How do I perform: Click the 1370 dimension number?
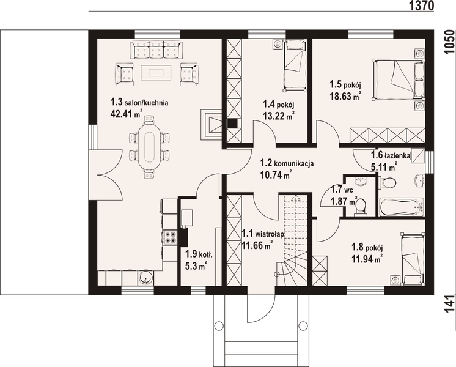click(x=421, y=6)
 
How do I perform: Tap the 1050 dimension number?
click(x=450, y=42)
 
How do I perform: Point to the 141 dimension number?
click(x=450, y=304)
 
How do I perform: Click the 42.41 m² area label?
click(x=127, y=114)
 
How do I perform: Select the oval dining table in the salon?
click(x=149, y=147)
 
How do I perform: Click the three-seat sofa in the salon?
click(x=156, y=50)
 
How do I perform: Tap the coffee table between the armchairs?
click(x=156, y=72)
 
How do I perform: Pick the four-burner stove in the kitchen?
click(x=170, y=237)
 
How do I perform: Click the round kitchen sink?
click(x=144, y=278)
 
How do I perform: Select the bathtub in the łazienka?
click(x=402, y=207)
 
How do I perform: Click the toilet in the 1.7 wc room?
click(x=361, y=206)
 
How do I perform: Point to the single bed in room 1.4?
click(x=295, y=65)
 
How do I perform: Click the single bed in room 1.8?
click(x=412, y=259)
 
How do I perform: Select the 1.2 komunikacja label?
click(x=287, y=163)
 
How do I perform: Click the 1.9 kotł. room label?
click(x=199, y=254)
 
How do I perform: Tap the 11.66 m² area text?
click(x=257, y=245)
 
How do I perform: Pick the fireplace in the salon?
click(x=211, y=125)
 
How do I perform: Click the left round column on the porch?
click(x=219, y=325)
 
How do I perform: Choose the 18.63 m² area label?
click(x=345, y=96)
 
